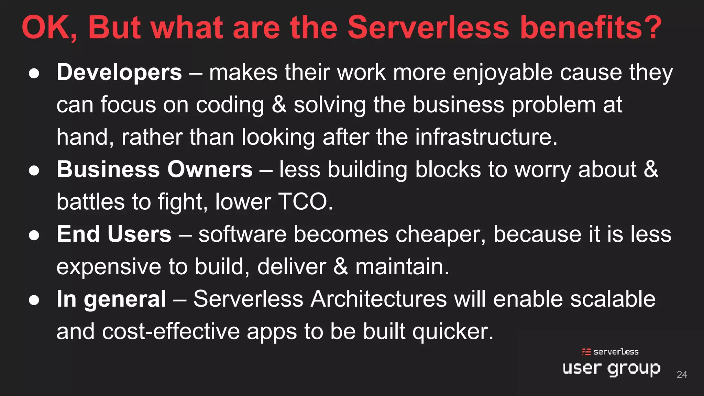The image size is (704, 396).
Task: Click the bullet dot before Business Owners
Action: click(34, 170)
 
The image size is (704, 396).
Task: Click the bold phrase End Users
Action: click(114, 234)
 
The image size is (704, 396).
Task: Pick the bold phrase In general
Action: click(111, 299)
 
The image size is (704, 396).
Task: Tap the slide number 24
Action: click(682, 374)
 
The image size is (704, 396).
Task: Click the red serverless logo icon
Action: click(586, 352)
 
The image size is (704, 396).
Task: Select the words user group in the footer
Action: click(611, 368)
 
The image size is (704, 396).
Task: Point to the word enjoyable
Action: click(503, 73)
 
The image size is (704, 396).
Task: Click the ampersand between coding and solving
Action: click(279, 105)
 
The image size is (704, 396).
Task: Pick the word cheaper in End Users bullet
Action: click(440, 235)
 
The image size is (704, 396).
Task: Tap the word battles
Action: click(90, 202)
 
